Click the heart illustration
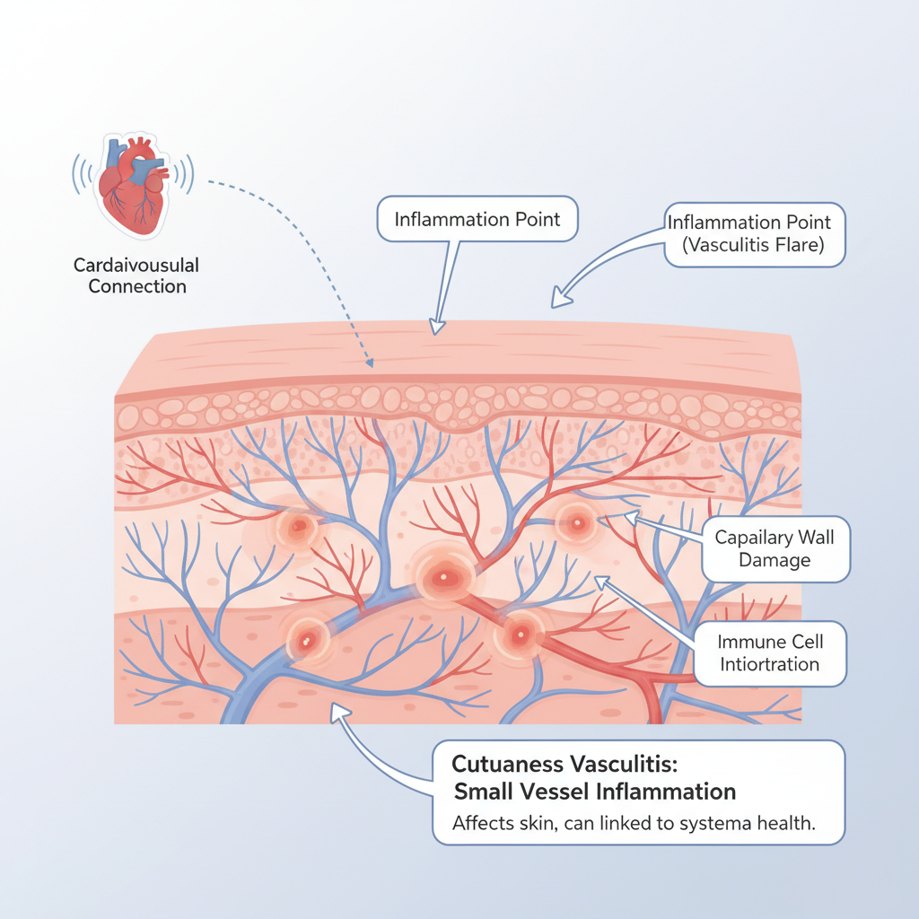click(x=132, y=188)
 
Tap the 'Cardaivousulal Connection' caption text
click(x=137, y=276)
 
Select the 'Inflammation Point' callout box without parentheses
click(x=477, y=219)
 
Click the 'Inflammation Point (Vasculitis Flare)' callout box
click(x=755, y=232)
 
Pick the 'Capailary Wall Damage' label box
click(x=775, y=548)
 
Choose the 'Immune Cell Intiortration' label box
click(x=770, y=653)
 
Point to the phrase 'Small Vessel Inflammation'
click(x=595, y=792)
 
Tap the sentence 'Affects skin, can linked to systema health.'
click(x=634, y=825)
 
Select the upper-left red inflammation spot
click(x=296, y=526)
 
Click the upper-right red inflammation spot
click(x=575, y=522)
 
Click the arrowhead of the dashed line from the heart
click(x=369, y=363)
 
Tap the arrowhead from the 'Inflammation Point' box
click(x=437, y=327)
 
